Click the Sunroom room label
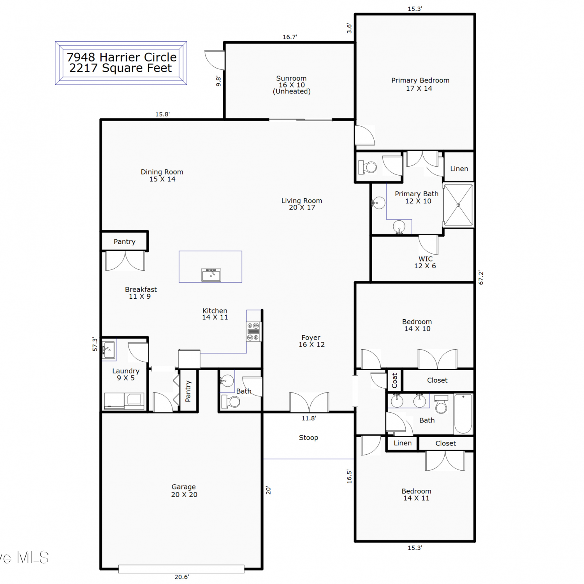click(x=292, y=85)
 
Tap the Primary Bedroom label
click(x=420, y=84)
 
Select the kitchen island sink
click(x=211, y=274)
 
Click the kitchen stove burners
click(x=253, y=331)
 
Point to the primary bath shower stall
click(x=458, y=205)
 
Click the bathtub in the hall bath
click(x=463, y=413)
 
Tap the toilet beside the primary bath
click(x=368, y=167)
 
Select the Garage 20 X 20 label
click(x=184, y=491)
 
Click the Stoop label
click(x=308, y=438)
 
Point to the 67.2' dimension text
click(x=481, y=278)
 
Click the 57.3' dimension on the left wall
click(x=95, y=344)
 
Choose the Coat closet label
click(x=394, y=380)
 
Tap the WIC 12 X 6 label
click(x=425, y=262)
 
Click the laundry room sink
click(x=109, y=350)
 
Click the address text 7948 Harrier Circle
click(x=122, y=57)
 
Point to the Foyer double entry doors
click(x=309, y=402)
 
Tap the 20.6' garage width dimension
click(x=182, y=577)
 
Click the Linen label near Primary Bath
click(x=459, y=169)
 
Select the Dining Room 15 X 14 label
click(x=162, y=175)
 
